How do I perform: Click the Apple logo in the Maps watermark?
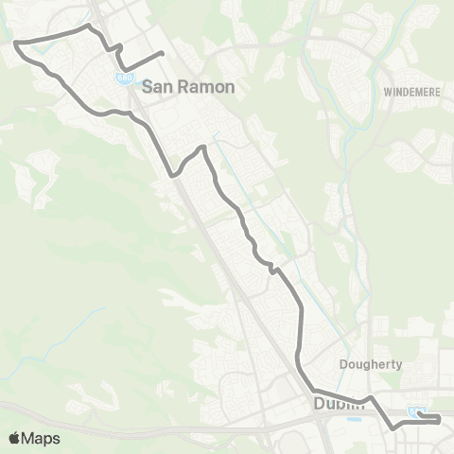tap(14, 438)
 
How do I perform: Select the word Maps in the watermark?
tap(42, 438)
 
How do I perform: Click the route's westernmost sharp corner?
tap(16, 42)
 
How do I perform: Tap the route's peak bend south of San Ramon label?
tap(201, 147)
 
